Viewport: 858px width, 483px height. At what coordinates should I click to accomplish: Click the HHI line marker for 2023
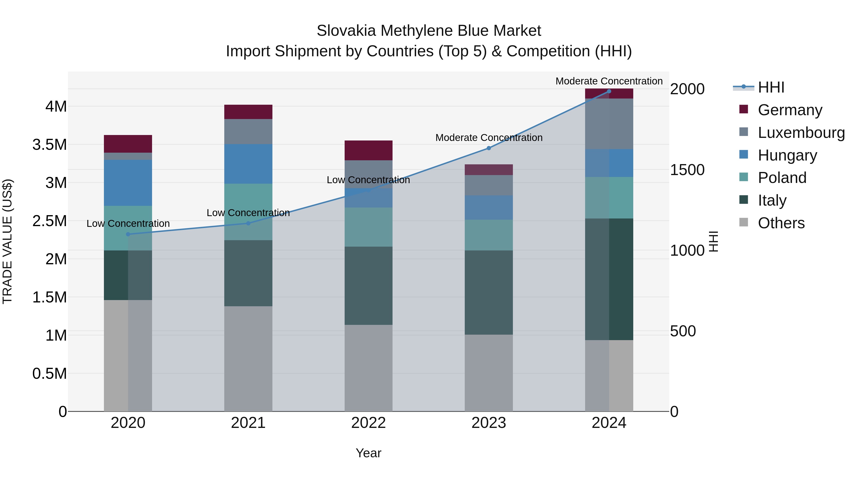pos(489,148)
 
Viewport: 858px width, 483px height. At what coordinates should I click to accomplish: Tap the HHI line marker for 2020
pos(128,234)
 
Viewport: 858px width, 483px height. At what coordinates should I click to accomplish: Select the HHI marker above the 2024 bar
pos(609,91)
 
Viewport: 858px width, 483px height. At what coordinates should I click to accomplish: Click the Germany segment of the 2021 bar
pos(248,112)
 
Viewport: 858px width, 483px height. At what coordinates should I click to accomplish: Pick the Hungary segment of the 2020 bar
pos(128,183)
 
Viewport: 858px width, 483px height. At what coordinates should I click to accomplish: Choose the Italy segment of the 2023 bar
pos(489,292)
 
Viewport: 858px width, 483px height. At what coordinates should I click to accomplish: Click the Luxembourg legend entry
pos(801,133)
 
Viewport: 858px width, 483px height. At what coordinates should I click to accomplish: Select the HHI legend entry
pos(771,87)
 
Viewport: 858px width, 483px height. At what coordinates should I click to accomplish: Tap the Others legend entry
pos(781,223)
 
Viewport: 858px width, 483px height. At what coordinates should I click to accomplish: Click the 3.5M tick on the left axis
pos(50,145)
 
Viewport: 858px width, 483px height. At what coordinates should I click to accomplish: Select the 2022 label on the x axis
pos(368,423)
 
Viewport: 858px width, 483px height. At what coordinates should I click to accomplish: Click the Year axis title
pos(368,453)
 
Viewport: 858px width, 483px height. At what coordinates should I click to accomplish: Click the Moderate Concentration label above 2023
pos(489,138)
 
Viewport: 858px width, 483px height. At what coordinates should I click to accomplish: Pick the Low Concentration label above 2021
pos(248,213)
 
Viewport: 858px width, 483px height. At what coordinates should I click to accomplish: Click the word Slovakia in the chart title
pos(346,31)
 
